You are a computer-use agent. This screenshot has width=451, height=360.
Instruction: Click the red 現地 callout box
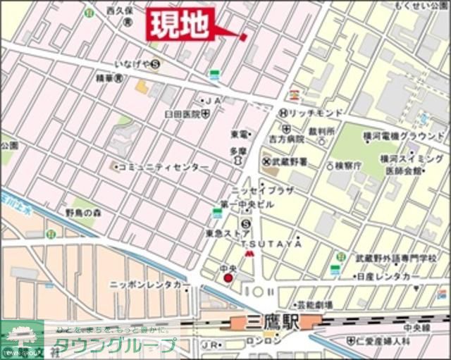[179, 25]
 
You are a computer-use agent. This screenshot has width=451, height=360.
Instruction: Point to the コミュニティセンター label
[163, 167]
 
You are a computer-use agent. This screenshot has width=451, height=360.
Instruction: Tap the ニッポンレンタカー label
[149, 284]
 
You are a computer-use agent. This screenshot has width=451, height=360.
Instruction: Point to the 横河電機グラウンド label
[409, 135]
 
